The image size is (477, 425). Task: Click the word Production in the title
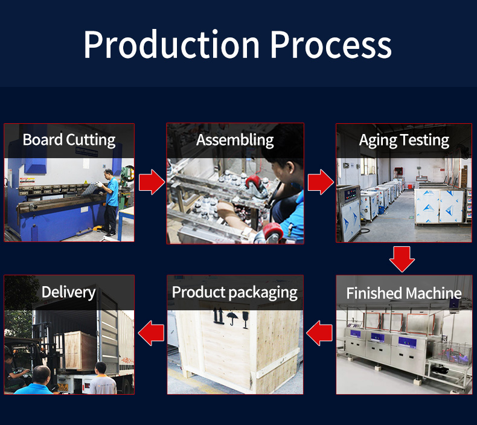click(x=171, y=45)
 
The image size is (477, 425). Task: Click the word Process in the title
click(x=331, y=45)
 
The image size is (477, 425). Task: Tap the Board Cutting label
click(x=69, y=140)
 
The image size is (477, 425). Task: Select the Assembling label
click(x=235, y=140)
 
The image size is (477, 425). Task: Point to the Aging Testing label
click(x=404, y=141)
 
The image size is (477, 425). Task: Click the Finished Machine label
click(x=404, y=293)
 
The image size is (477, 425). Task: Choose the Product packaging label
click(x=234, y=293)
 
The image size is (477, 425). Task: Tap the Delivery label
click(x=69, y=292)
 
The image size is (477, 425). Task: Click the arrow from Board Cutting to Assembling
click(x=152, y=182)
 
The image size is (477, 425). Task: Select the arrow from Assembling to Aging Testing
click(x=321, y=182)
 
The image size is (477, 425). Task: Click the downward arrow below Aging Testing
click(x=402, y=259)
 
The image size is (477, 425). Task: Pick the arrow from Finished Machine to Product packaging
click(x=319, y=333)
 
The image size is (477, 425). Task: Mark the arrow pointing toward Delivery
click(x=151, y=333)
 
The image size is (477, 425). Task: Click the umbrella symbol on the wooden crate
click(x=232, y=319)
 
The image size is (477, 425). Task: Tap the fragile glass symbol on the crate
click(x=246, y=320)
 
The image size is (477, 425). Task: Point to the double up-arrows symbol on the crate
click(x=218, y=316)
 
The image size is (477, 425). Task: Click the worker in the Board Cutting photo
click(x=109, y=203)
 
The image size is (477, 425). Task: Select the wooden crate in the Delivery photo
click(x=80, y=351)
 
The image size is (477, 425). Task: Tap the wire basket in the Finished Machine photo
click(x=452, y=353)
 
